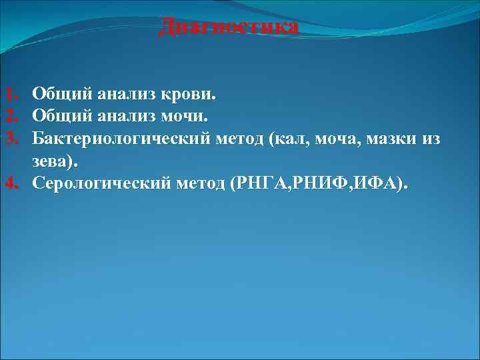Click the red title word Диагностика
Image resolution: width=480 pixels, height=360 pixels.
229,27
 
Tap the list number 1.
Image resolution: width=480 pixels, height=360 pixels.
10,94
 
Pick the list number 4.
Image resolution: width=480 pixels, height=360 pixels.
10,182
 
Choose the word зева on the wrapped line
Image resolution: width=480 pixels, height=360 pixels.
55,161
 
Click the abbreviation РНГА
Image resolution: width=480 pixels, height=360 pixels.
261,182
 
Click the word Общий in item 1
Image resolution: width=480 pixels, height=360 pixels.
58,94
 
